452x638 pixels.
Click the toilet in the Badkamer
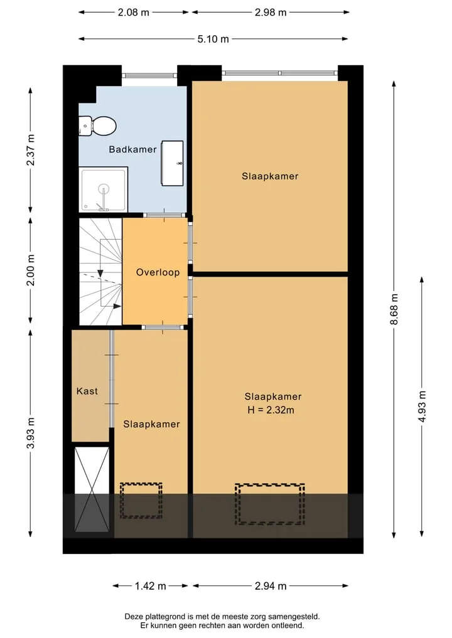click(97, 125)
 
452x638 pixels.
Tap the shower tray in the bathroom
click(104, 189)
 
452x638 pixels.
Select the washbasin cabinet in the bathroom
click(172, 163)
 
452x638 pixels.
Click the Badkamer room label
click(132, 149)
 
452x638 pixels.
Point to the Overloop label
click(158, 272)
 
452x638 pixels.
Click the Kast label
click(87, 391)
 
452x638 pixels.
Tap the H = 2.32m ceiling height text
click(271, 410)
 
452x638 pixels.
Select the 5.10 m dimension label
click(213, 39)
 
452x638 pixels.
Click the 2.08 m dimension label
click(134, 12)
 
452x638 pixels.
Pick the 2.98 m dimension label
click(271, 12)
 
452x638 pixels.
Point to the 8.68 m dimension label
click(394, 309)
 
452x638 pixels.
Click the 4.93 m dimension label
click(422, 406)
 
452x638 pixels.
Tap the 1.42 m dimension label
click(151, 586)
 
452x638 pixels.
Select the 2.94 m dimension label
click(271, 586)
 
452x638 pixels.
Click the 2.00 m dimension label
click(31, 270)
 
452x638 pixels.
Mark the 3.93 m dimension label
click(31, 433)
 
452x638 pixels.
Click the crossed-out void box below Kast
click(92, 489)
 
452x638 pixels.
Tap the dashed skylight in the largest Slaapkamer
click(269, 504)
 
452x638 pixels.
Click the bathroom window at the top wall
click(149, 75)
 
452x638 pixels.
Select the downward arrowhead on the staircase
click(100, 274)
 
